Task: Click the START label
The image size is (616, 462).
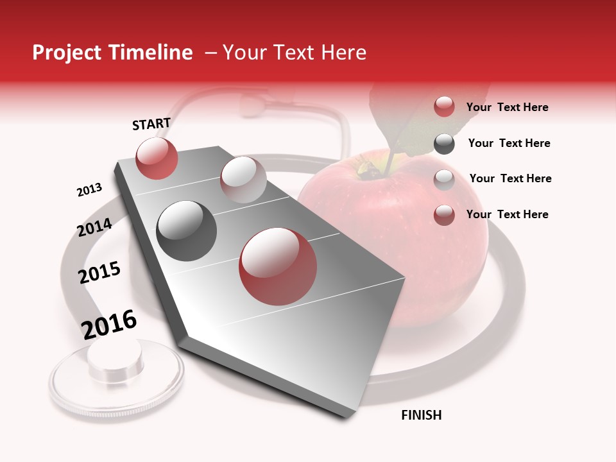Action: click(x=151, y=124)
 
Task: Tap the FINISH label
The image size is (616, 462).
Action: click(x=422, y=415)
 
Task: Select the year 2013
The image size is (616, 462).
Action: click(x=89, y=190)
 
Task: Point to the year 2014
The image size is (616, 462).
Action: click(x=95, y=227)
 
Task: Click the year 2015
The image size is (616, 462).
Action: click(x=99, y=273)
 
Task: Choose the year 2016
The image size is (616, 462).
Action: click(x=109, y=324)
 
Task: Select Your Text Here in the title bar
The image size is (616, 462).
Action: click(x=295, y=53)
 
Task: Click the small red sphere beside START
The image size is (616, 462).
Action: click(x=157, y=158)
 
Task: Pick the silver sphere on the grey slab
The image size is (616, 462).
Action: click(x=243, y=179)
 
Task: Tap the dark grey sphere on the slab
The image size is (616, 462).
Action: click(x=187, y=231)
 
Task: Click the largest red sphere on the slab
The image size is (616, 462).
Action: click(x=278, y=266)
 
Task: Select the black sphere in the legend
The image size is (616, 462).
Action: click(x=444, y=144)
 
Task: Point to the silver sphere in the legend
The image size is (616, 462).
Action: click(x=444, y=179)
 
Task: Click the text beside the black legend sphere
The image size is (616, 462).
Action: click(x=509, y=143)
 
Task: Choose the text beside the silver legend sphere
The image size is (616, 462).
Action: click(x=510, y=178)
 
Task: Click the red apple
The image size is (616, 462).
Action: click(x=411, y=237)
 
